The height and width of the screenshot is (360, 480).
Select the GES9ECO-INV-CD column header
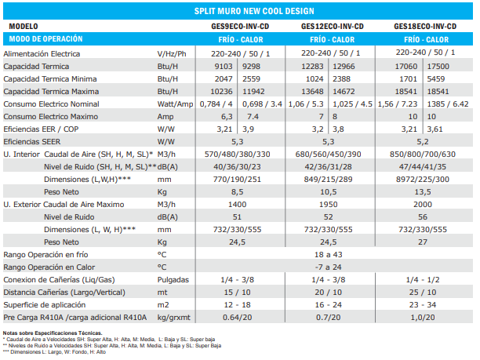[242, 26]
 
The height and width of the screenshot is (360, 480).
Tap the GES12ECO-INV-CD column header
[333, 26]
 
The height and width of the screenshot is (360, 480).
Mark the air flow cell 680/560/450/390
[333, 155]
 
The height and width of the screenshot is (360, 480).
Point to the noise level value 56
[424, 216]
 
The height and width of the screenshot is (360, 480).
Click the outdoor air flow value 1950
[333, 204]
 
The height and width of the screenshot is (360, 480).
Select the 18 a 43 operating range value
[333, 254]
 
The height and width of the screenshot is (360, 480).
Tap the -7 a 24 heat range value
[333, 267]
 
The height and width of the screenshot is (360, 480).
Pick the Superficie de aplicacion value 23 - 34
[424, 304]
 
